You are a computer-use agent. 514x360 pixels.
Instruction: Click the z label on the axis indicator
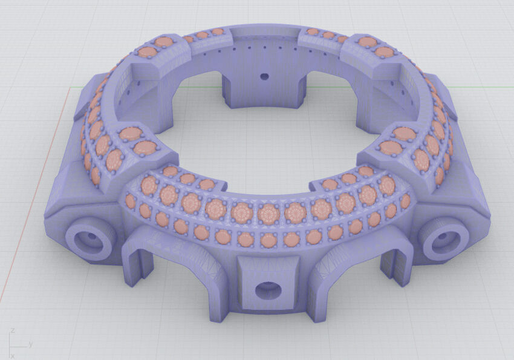[x=12, y=332]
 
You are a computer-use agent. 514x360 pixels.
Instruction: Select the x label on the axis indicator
[x=13, y=356]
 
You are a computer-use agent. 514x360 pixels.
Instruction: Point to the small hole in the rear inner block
[x=264, y=77]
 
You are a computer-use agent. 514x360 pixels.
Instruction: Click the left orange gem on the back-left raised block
[x=147, y=52]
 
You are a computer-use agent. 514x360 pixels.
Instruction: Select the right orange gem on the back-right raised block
[x=384, y=52]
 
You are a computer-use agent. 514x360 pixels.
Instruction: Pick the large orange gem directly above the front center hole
[x=268, y=213]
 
